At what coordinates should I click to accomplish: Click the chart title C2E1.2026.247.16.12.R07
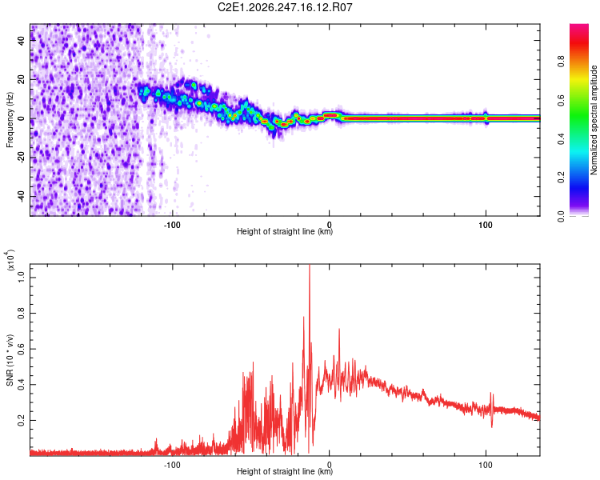(x=285, y=7)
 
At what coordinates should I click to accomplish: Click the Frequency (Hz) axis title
(x=10, y=120)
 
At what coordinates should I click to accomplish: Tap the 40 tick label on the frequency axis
(x=22, y=41)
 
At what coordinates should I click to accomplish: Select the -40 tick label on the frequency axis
(x=22, y=196)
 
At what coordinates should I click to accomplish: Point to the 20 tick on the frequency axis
(x=22, y=80)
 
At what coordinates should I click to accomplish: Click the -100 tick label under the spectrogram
(x=172, y=225)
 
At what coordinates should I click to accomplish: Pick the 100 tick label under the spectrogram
(x=486, y=225)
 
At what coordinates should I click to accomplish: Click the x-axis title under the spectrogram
(x=285, y=231)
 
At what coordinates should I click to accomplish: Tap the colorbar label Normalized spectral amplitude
(x=594, y=120)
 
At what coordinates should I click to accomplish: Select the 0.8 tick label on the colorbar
(x=561, y=62)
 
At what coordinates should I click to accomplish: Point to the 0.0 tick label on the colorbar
(x=561, y=216)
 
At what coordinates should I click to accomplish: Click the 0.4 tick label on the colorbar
(x=561, y=138)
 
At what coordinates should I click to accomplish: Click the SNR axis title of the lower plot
(x=10, y=360)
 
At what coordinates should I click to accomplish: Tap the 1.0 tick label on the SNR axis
(x=22, y=278)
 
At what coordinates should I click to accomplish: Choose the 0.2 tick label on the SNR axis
(x=22, y=420)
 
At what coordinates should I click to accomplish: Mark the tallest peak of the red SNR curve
(x=309, y=266)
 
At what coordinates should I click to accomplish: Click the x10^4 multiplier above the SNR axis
(x=10, y=260)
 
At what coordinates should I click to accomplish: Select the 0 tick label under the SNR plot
(x=329, y=465)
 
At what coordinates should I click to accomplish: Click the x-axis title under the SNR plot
(x=285, y=471)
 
